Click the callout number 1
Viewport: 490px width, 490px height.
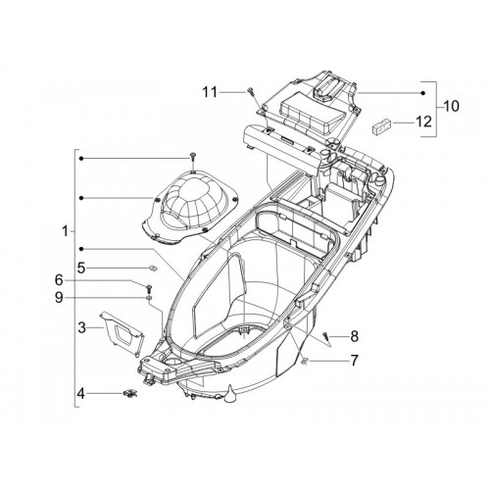coord(66,231)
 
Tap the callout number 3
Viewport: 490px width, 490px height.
coord(82,327)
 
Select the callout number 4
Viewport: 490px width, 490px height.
coord(80,394)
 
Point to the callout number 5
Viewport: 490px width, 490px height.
coord(81,269)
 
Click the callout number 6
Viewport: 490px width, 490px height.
coord(59,280)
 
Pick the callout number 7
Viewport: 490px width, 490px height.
coord(354,361)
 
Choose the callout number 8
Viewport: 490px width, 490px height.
coord(355,336)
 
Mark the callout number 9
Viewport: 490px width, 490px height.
coord(59,298)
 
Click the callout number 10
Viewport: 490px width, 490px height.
coord(452,106)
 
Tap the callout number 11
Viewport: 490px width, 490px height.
coord(210,92)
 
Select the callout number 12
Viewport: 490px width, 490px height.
coord(423,122)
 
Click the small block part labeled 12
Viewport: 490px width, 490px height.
coord(381,126)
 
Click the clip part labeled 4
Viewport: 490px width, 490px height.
coord(130,393)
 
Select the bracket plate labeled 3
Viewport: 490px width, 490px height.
coord(122,333)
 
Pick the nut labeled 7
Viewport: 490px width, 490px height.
coord(306,361)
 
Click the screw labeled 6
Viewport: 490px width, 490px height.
coord(149,289)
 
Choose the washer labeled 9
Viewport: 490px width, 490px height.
coord(149,298)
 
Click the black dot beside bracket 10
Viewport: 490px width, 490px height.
coord(422,93)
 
